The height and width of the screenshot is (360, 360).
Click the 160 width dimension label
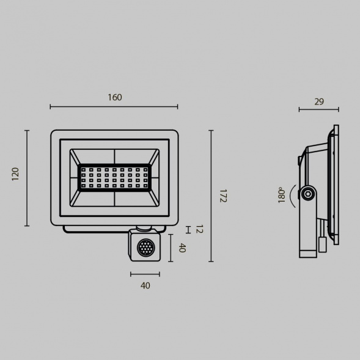[114, 97]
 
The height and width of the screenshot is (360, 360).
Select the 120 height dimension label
[16, 174]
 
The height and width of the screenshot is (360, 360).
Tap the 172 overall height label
[223, 196]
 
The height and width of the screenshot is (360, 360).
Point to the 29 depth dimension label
[318, 101]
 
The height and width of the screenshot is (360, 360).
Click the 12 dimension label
[199, 229]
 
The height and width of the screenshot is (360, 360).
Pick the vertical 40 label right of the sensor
[181, 248]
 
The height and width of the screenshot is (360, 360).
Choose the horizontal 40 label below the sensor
[145, 285]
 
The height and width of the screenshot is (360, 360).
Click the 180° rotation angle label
[282, 195]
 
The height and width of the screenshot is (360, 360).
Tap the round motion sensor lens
[145, 248]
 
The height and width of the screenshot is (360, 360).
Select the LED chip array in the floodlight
[114, 177]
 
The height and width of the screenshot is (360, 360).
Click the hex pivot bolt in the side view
[308, 194]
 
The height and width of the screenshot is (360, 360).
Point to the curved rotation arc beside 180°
[292, 195]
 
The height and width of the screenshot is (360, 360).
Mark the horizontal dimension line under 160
[114, 107]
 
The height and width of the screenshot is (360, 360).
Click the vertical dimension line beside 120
[27, 178]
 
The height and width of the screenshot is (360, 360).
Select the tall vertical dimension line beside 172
[211, 196]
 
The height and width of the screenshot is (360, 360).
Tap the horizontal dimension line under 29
[318, 111]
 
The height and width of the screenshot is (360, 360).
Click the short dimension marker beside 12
[188, 229]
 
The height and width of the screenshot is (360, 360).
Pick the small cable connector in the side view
[321, 244]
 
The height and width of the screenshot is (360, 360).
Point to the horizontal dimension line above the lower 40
[145, 274]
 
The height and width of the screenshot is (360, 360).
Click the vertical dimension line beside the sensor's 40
[171, 248]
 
